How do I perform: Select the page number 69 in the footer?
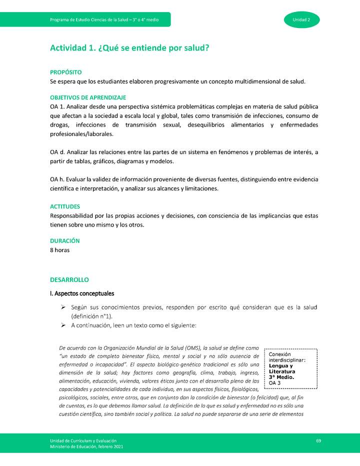[318, 440]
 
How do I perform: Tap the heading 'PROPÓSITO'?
[65, 72]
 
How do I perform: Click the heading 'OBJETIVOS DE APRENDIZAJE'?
[88, 97]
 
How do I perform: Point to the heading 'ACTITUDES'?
[65, 206]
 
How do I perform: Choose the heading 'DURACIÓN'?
[64, 240]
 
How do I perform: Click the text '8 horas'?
[60, 249]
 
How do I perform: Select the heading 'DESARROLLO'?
[69, 279]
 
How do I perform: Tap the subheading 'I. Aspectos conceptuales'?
[82, 293]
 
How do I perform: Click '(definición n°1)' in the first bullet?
[92, 316]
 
